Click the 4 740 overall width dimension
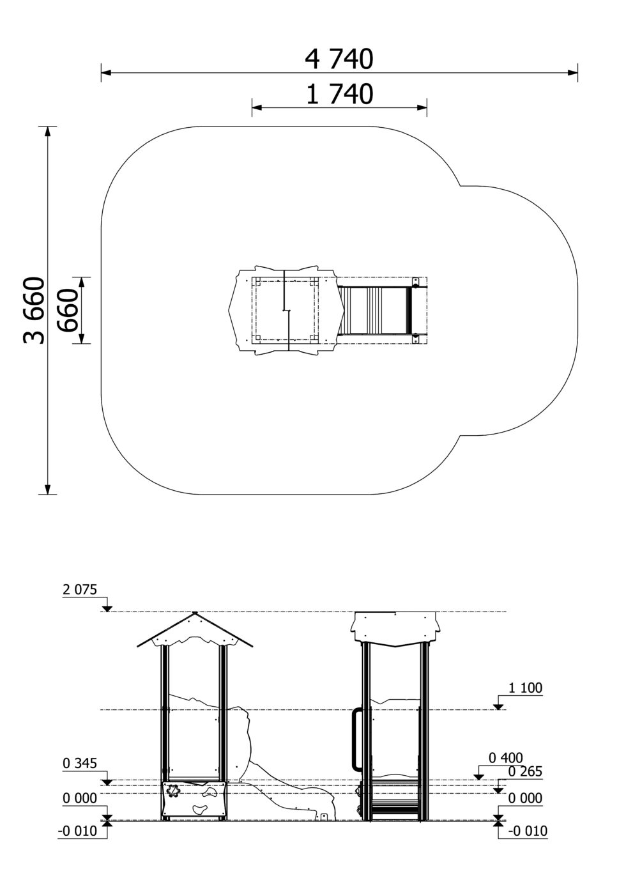pos(339,59)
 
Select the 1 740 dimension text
pos(340,94)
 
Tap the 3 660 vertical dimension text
pos(33,310)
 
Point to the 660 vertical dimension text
pos(66,310)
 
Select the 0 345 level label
pos(80,764)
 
